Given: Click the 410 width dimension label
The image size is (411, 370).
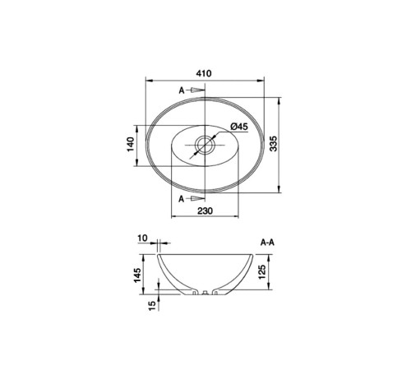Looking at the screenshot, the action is (x=204, y=73).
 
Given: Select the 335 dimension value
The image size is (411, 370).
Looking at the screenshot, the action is (x=274, y=143).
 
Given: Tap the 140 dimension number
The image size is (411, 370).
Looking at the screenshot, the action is (x=131, y=144).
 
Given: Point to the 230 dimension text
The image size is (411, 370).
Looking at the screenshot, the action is (x=205, y=210).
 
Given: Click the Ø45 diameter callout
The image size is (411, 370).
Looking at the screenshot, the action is (x=239, y=127).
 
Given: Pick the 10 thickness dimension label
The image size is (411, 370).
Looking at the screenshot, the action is (x=142, y=238).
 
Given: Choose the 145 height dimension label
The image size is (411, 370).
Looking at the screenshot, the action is (x=137, y=275).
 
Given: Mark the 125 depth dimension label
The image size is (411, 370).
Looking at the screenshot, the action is (x=262, y=272).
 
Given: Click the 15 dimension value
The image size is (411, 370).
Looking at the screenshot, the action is (x=152, y=305).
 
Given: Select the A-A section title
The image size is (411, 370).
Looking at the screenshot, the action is (x=267, y=243).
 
